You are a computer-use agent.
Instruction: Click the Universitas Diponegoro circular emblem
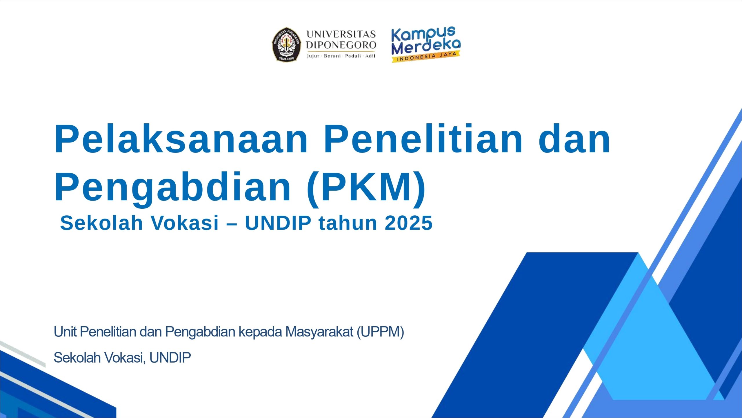pyautogui.click(x=286, y=44)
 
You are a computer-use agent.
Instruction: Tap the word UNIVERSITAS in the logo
pyautogui.click(x=341, y=34)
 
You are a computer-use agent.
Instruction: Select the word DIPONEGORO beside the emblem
pyautogui.click(x=341, y=45)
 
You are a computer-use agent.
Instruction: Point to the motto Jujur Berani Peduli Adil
pyautogui.click(x=341, y=56)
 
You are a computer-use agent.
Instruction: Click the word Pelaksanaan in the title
pyautogui.click(x=181, y=139)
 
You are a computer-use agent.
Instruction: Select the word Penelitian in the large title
pyautogui.click(x=423, y=139)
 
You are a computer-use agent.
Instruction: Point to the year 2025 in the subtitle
pyautogui.click(x=409, y=223)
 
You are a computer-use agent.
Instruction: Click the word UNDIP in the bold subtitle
pyautogui.click(x=278, y=223)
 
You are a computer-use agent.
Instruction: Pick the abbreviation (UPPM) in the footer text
pyautogui.click(x=380, y=332)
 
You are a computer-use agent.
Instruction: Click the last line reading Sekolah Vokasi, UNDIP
pyautogui.click(x=122, y=358)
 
